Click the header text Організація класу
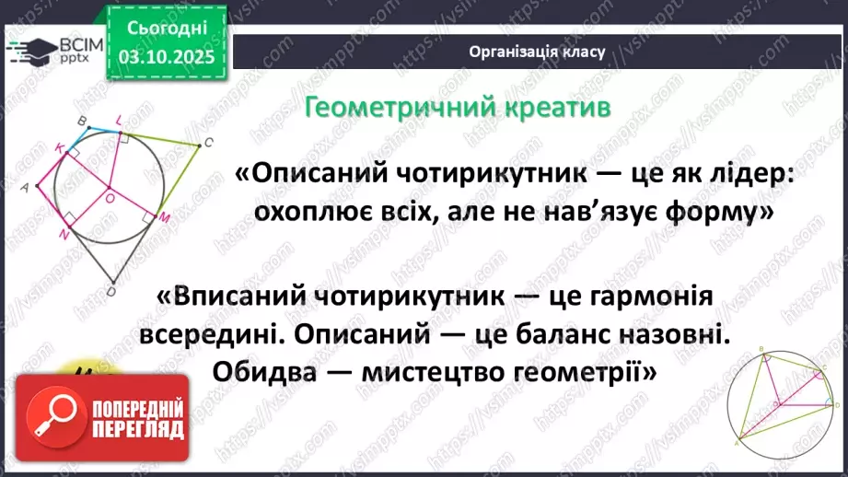click(x=537, y=52)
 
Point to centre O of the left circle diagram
click(x=109, y=195)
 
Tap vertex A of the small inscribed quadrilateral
click(x=737, y=443)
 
